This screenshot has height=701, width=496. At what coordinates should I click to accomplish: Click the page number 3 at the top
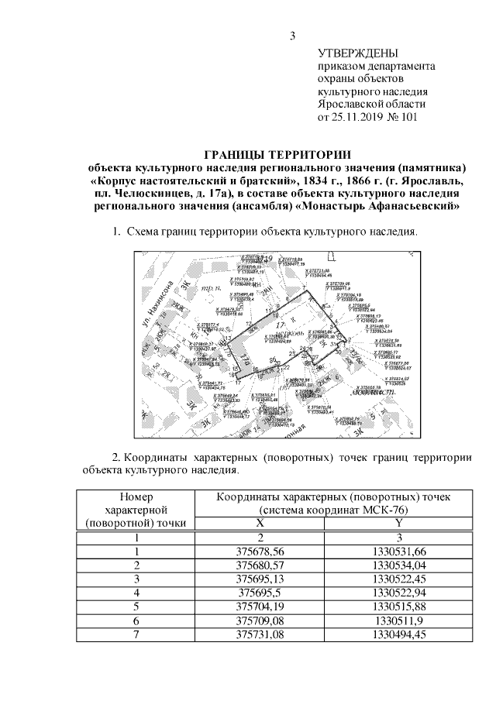(293, 34)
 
